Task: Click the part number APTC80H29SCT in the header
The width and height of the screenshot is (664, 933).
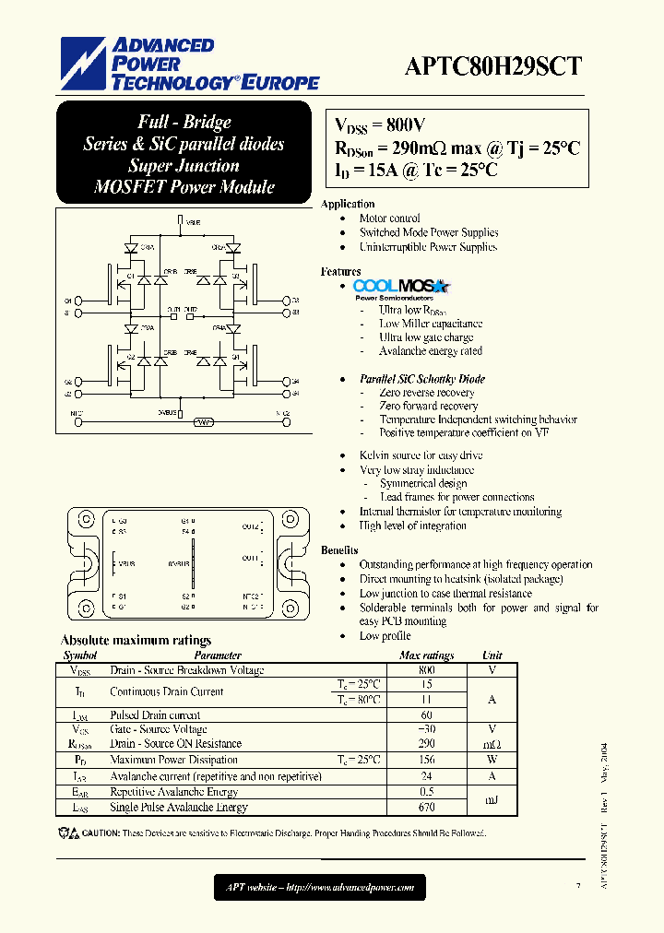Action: (x=492, y=65)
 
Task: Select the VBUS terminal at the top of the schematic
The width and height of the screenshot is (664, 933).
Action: (x=180, y=222)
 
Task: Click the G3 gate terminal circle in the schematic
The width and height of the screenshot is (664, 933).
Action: (x=283, y=301)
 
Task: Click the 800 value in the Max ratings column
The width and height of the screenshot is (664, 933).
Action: (x=426, y=670)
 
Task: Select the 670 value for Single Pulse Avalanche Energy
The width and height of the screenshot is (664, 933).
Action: (x=426, y=807)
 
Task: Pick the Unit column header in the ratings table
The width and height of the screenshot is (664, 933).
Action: (x=492, y=655)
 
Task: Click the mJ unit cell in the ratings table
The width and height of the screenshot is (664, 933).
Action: (x=492, y=799)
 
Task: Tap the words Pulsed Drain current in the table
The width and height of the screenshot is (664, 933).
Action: (x=155, y=715)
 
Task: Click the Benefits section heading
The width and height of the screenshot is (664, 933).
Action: (x=339, y=550)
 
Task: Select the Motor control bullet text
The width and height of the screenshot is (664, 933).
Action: (x=390, y=218)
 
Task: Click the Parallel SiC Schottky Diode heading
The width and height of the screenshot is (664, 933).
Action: (x=422, y=379)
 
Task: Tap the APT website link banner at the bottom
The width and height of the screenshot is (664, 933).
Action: (x=320, y=888)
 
